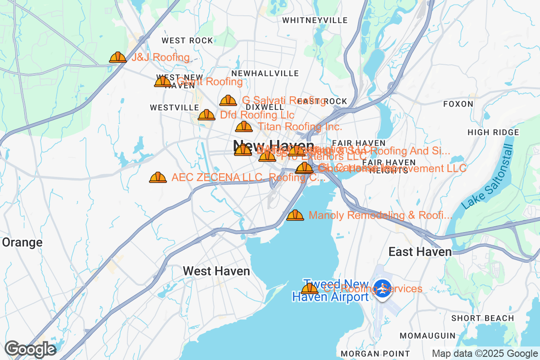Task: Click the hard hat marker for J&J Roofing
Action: click(x=118, y=57)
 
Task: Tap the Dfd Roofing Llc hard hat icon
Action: click(x=207, y=115)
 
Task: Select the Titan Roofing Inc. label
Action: click(x=300, y=127)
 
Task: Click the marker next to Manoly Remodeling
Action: click(x=295, y=216)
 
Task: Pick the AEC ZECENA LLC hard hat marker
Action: click(x=158, y=178)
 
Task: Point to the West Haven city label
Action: click(x=216, y=271)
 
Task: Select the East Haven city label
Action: click(x=420, y=252)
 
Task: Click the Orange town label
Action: click(x=22, y=243)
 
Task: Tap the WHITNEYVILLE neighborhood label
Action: click(x=315, y=20)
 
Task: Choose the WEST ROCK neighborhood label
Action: click(x=187, y=40)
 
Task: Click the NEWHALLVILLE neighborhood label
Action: click(x=265, y=73)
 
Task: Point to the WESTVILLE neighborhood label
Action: click(x=174, y=108)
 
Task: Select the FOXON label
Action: click(x=458, y=104)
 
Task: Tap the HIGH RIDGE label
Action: click(x=493, y=132)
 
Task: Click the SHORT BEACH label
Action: click(x=482, y=318)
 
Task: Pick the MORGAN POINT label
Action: click(x=375, y=354)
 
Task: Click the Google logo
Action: click(x=30, y=349)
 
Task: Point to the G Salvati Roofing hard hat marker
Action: click(x=228, y=101)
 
